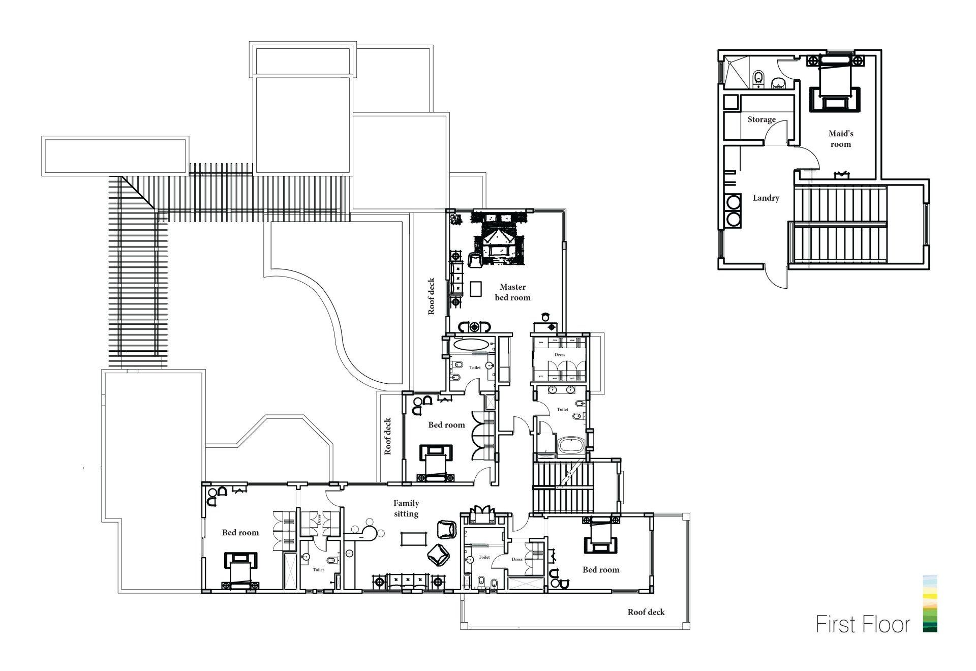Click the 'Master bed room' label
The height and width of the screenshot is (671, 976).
pos(512,292)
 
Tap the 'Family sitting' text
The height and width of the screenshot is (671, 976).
pos(406,508)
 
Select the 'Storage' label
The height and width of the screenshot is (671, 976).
pos(761,119)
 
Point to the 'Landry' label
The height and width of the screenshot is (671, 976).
pos(766,198)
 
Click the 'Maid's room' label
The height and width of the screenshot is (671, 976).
pos(841,139)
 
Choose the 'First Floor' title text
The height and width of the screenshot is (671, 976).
pos(863,624)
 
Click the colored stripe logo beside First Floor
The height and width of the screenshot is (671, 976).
pos(930,603)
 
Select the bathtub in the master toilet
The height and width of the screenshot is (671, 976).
pos(572,446)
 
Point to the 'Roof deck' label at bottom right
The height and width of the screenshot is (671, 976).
pos(646,612)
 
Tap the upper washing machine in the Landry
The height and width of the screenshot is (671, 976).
pos(734,203)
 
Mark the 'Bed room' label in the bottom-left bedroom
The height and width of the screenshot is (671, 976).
pos(240,532)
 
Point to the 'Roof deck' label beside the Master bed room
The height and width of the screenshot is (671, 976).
pos(431,296)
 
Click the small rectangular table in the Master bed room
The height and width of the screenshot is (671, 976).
pos(476,289)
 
